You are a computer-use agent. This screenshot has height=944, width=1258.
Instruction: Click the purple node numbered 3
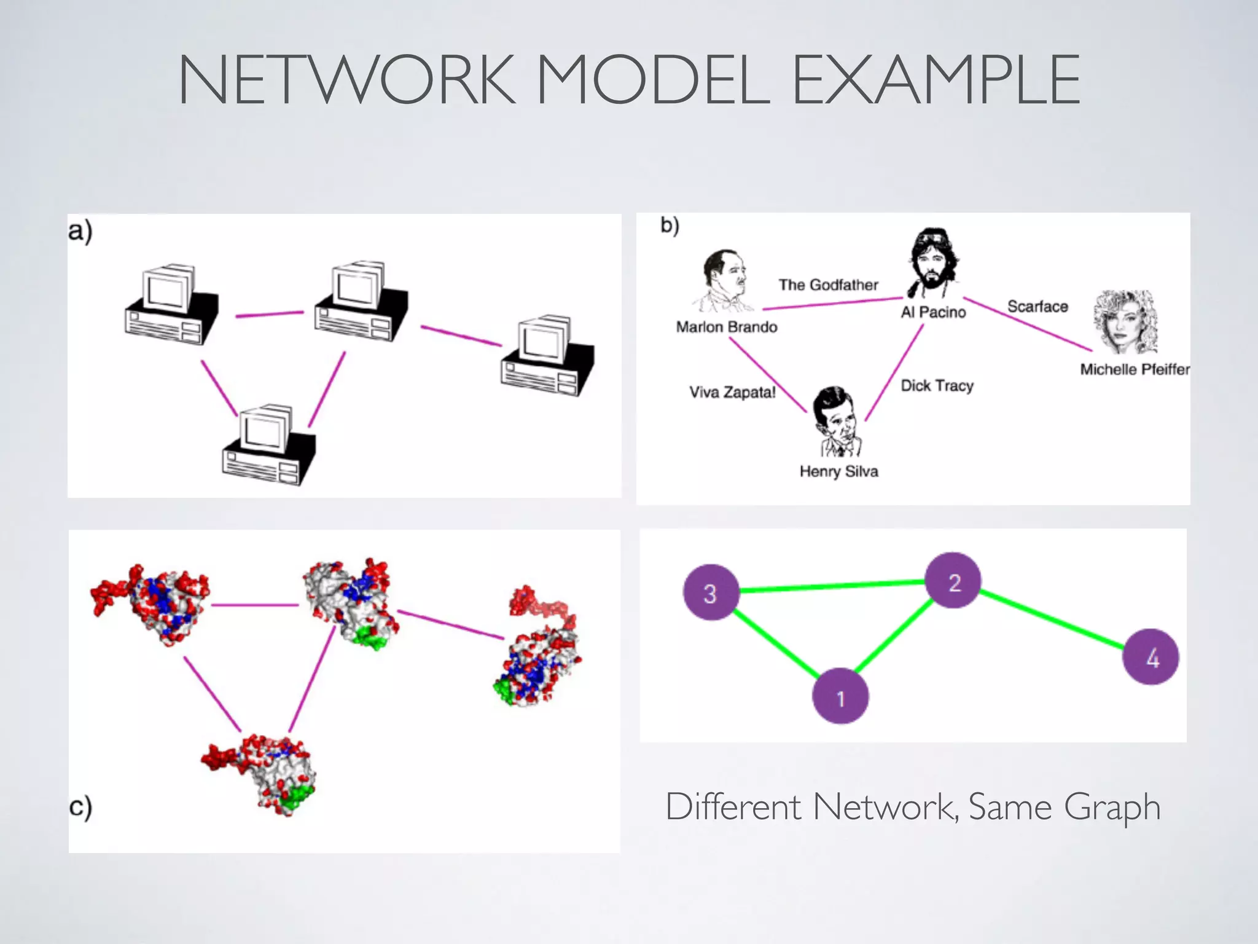711,592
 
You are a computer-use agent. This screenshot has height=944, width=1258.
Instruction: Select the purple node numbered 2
953,581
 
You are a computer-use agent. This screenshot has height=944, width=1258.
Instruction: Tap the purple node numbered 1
840,696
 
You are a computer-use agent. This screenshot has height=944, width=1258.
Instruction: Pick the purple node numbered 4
1151,657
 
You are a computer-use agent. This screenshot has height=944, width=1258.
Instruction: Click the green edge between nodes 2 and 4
1052,619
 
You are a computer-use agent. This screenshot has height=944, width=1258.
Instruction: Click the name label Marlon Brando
727,327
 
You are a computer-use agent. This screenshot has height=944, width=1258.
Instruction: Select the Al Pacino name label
933,312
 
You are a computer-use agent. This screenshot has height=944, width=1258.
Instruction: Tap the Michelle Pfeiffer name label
1135,369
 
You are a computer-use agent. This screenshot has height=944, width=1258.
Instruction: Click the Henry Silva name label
838,471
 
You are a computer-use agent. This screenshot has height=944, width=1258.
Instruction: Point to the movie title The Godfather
828,285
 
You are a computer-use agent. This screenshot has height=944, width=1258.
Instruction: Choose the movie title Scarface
1037,306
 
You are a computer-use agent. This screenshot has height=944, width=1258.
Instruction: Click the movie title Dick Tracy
937,385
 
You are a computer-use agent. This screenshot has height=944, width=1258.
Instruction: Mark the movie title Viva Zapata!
732,392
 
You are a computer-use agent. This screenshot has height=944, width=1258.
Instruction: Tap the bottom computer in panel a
269,446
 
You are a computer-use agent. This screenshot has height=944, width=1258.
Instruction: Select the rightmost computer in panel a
547,357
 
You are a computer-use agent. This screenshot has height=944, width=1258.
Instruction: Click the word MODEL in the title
653,80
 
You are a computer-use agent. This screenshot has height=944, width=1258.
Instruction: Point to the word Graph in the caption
1112,806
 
